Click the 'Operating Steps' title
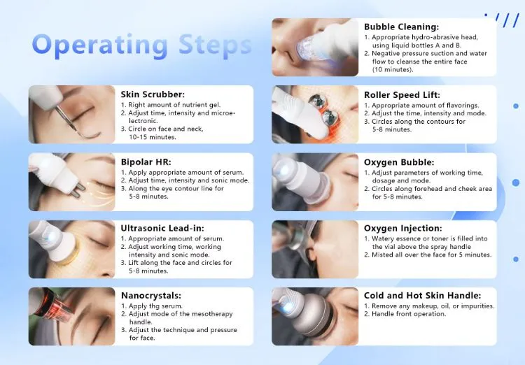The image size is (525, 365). pyautogui.click(x=141, y=45)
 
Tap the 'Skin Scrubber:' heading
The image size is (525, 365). pyautogui.click(x=153, y=94)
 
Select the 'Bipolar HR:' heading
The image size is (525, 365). pyautogui.click(x=146, y=162)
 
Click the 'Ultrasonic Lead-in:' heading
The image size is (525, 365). pyautogui.click(x=162, y=228)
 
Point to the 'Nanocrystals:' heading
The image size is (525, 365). pyautogui.click(x=151, y=295)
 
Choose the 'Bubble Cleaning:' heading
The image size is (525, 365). pyautogui.click(x=402, y=27)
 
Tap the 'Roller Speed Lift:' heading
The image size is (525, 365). pyautogui.click(x=402, y=95)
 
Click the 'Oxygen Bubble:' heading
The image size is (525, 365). pyautogui.click(x=399, y=162)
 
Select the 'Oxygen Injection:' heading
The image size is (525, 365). pyautogui.click(x=403, y=228)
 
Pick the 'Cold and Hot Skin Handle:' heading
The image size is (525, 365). pyautogui.click(x=423, y=295)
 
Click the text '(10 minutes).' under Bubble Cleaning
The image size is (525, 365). pyautogui.click(x=393, y=70)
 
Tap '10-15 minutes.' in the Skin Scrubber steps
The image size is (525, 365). pyautogui.click(x=153, y=137)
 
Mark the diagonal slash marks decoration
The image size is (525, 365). pyautogui.click(x=502, y=20)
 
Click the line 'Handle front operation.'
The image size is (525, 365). pyautogui.click(x=409, y=314)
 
